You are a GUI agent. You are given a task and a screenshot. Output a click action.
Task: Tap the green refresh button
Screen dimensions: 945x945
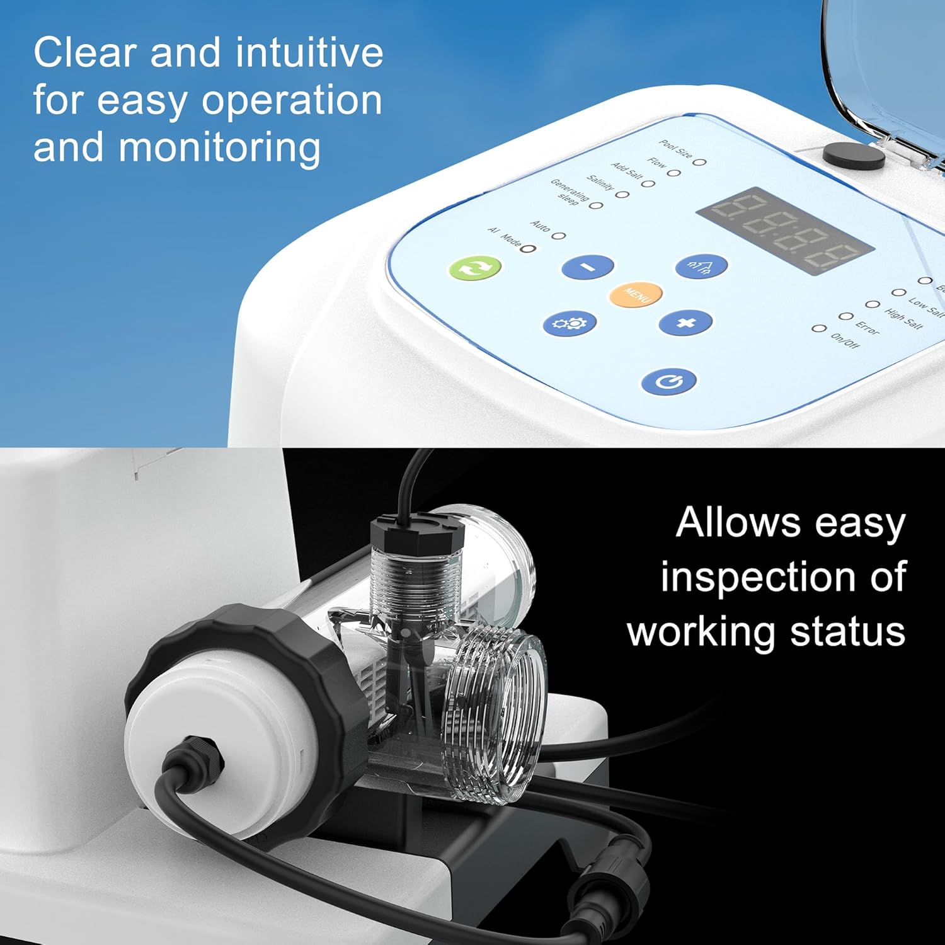point(476,268)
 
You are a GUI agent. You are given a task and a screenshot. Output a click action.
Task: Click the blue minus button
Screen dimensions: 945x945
point(587,266)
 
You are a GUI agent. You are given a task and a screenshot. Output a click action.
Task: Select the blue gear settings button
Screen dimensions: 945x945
point(569,323)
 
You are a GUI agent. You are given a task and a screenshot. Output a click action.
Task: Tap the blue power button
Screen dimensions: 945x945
point(668,381)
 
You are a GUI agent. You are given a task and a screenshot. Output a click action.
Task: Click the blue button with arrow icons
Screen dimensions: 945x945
point(701,267)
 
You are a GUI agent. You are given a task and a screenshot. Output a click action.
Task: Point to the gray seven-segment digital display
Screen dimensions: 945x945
point(784,231)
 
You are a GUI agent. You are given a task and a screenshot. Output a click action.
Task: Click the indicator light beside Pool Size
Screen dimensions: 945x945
point(699,162)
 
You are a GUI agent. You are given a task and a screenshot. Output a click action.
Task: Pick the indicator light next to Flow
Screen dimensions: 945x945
point(674,173)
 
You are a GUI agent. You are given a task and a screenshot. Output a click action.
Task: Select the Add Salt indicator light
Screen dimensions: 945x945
point(648,184)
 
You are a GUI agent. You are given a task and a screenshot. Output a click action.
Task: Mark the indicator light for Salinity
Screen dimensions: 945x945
point(622,194)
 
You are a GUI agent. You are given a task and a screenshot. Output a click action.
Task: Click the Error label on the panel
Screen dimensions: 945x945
point(867,327)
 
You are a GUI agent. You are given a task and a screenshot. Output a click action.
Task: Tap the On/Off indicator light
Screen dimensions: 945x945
point(818,328)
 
